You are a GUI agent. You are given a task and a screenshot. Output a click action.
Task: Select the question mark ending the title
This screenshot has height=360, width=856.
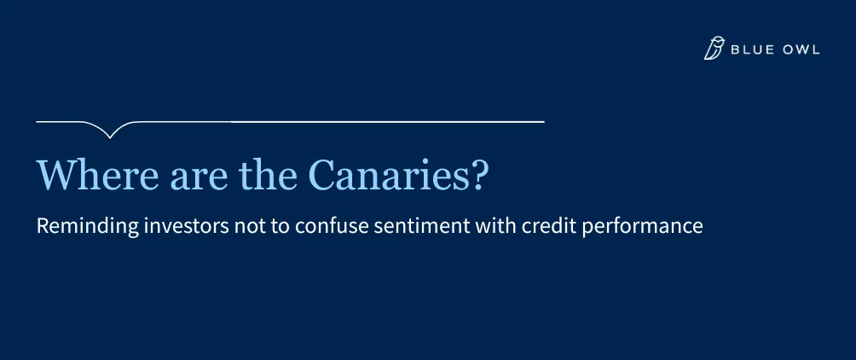tap(477, 174)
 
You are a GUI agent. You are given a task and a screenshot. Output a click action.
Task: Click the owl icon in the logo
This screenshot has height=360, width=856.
tap(714, 48)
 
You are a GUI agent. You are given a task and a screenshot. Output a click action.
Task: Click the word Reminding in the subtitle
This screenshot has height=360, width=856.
tap(87, 226)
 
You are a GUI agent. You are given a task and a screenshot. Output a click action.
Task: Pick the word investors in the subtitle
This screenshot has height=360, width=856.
tap(186, 225)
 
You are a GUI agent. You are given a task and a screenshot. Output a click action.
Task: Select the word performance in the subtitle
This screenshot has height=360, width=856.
tap(642, 226)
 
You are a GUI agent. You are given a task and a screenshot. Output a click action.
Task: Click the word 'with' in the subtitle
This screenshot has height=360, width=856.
tap(495, 225)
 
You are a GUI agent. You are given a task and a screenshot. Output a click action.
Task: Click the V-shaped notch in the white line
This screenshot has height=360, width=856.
tap(110, 137)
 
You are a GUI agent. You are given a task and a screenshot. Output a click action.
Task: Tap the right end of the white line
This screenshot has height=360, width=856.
tap(544, 122)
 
